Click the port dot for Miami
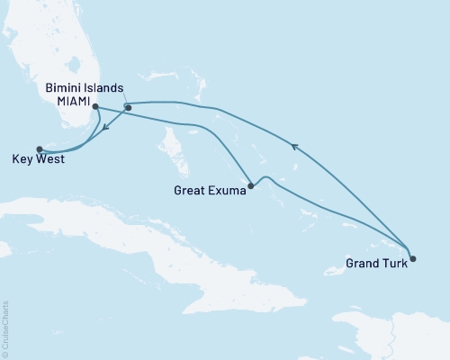point(95,107)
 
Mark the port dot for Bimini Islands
point(129,108)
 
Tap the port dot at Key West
point(39,149)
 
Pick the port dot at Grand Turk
point(412,259)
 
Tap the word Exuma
point(225,190)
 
